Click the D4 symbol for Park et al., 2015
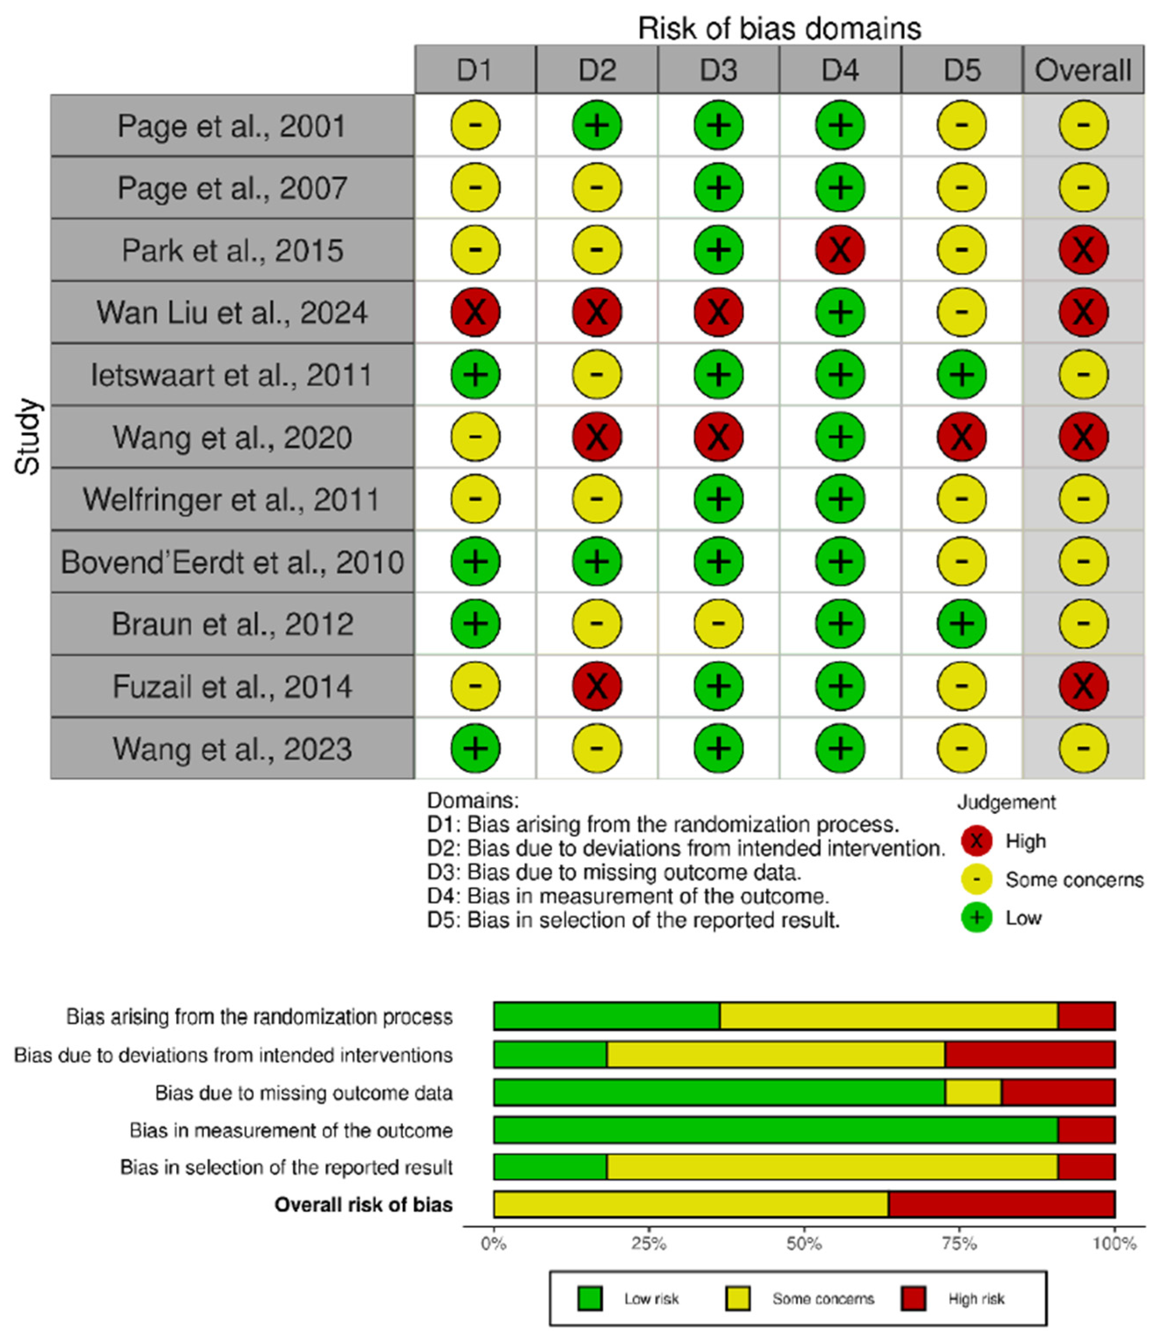pos(840,250)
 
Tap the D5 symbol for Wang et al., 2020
pos(961,437)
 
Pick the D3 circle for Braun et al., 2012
pos(718,623)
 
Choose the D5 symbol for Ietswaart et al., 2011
pos(961,374)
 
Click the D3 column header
pos(718,70)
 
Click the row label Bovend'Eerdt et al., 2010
pos(232,562)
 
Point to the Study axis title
pos(28,437)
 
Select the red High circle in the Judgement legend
pos(976,841)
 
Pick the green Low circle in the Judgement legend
pos(976,918)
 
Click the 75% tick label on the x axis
pos(959,1244)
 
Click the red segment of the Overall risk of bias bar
pos(1002,1205)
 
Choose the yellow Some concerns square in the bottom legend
pos(737,1299)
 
